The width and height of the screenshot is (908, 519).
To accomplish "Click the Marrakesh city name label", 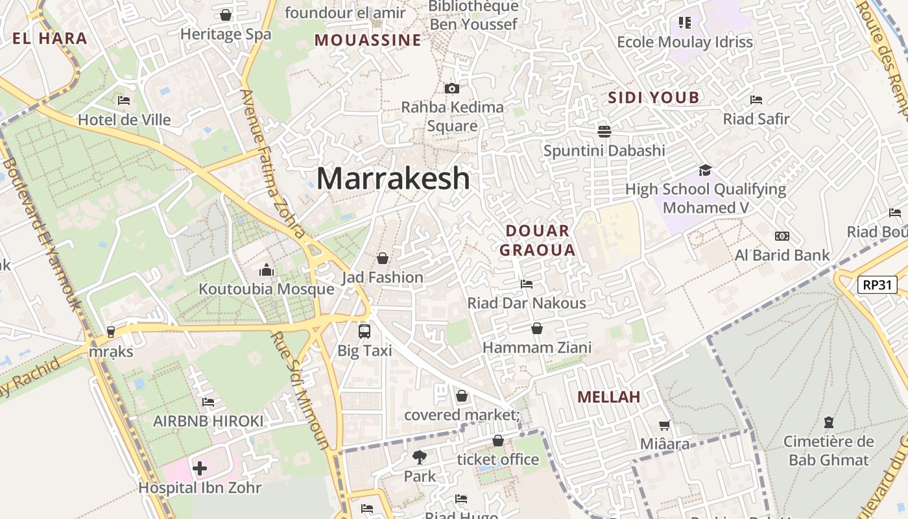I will [393, 178].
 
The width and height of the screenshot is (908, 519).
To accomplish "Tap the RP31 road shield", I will [877, 284].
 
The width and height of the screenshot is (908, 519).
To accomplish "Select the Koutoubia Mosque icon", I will [267, 270].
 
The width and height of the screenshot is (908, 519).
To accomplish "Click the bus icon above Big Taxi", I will [364, 332].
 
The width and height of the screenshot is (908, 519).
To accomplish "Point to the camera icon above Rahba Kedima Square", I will [452, 88].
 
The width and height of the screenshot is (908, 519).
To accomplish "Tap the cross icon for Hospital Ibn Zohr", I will [200, 468].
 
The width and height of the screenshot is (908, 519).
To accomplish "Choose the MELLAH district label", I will [608, 397].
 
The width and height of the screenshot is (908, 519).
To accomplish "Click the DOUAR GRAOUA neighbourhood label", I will [537, 240].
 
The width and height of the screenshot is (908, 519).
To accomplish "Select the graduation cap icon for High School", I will [705, 171].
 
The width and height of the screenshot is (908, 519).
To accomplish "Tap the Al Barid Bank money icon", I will [782, 236].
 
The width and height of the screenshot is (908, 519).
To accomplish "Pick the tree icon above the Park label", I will [420, 457].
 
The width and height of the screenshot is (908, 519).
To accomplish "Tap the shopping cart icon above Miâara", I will [665, 426].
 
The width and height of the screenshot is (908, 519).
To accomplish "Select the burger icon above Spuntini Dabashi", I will [604, 132].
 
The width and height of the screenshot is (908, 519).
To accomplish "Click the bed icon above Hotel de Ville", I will [124, 101].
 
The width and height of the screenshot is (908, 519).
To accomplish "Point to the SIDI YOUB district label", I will [653, 98].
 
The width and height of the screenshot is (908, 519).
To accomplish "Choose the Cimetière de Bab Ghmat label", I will [828, 451].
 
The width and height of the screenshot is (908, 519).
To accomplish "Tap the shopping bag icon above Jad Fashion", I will [383, 258].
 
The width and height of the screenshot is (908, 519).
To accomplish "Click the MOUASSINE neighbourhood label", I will [368, 40].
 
